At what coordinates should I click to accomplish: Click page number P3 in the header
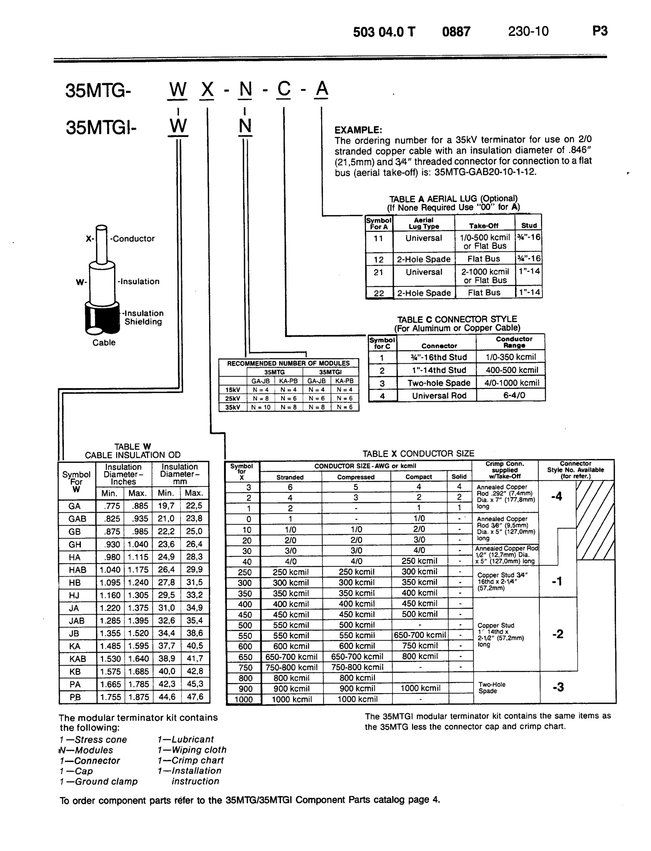[x=600, y=31]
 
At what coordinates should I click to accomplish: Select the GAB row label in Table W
[x=77, y=519]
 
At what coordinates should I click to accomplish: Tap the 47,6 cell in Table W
[x=195, y=697]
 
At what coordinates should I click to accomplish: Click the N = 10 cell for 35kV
[x=261, y=407]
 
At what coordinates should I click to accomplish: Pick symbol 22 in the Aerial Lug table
[x=379, y=293]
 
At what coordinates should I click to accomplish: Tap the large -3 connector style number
[x=558, y=688]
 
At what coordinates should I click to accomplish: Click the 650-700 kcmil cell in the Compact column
[x=420, y=635]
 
